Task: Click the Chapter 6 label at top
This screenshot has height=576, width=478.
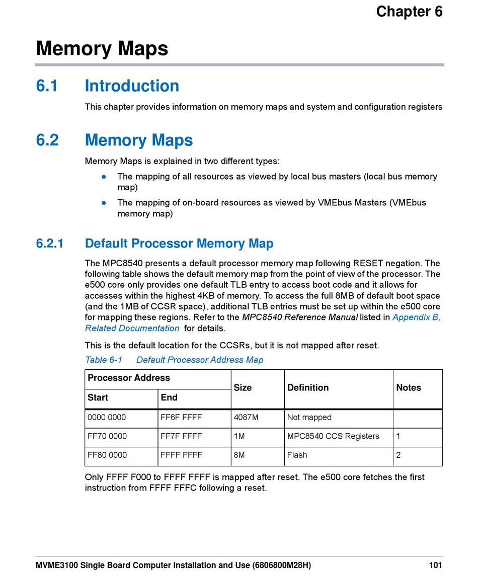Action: [x=409, y=12]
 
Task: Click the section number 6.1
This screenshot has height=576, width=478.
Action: [x=47, y=86]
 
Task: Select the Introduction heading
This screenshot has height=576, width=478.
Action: [x=132, y=86]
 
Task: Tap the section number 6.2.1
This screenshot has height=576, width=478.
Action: [x=50, y=244]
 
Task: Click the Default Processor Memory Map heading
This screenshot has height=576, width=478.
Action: [x=179, y=244]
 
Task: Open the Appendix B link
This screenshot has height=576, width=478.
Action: [x=416, y=317]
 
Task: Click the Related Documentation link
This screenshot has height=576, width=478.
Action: [x=132, y=328]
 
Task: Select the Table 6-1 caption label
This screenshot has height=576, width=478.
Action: [x=104, y=360]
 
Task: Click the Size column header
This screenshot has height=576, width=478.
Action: [x=243, y=388]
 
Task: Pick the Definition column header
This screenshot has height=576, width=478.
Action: [x=308, y=388]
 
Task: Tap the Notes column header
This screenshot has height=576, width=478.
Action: [x=409, y=388]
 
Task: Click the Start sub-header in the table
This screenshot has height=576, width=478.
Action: [x=98, y=398]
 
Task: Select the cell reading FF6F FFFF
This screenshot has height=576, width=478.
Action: [x=181, y=418]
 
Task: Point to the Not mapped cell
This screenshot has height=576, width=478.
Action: [x=309, y=418]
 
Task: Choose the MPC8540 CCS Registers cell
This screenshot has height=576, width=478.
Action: [x=333, y=436]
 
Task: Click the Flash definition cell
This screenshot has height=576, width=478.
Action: [x=297, y=455]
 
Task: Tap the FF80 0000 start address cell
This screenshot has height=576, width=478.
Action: [x=107, y=455]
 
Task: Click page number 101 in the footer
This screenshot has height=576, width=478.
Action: [x=436, y=565]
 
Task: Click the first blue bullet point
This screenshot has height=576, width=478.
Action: [x=103, y=177]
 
